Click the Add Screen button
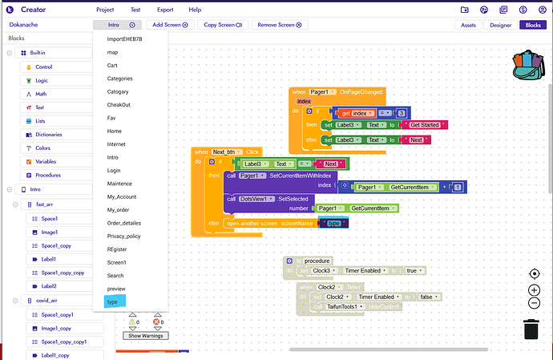(170, 25)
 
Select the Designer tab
(500, 25)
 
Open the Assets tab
(467, 25)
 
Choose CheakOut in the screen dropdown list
(119, 104)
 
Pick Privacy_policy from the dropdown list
(123, 236)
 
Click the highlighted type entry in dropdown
(112, 301)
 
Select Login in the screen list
(114, 170)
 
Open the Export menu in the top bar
(165, 10)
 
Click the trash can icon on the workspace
(531, 329)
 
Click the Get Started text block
(426, 125)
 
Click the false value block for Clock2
(427, 297)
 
